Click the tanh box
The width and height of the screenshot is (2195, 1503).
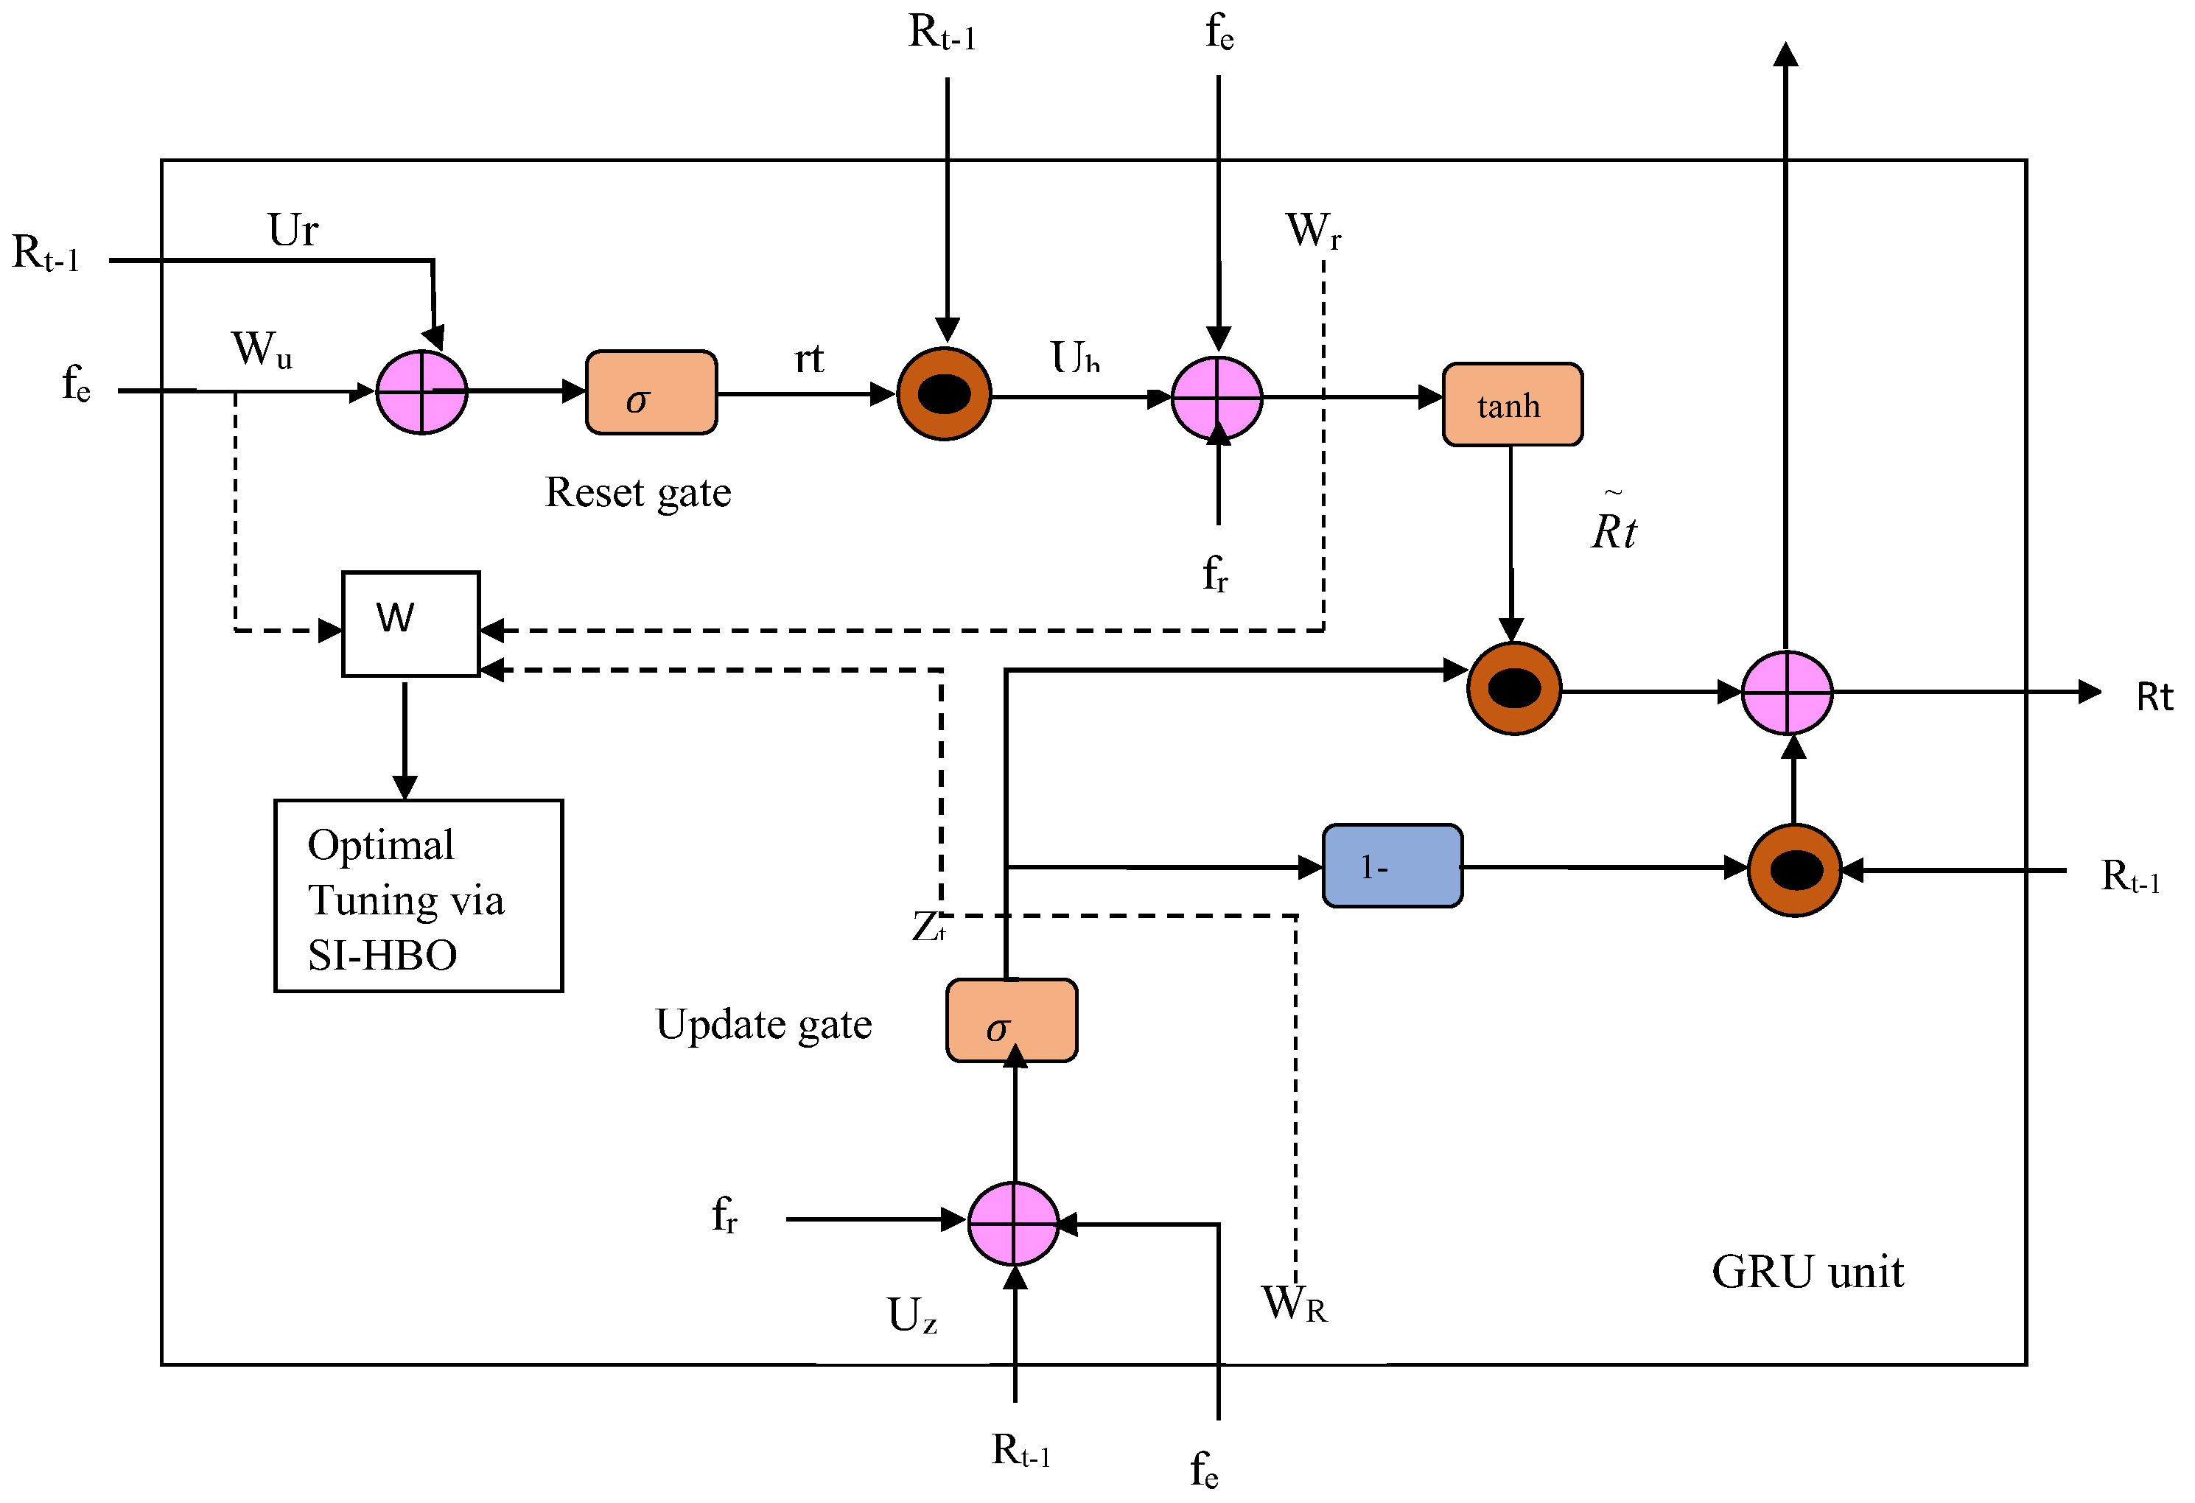(1511, 404)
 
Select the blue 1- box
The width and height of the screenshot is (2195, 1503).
(1391, 866)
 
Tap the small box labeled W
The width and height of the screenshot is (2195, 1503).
(410, 623)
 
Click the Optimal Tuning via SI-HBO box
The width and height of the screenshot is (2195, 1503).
(419, 896)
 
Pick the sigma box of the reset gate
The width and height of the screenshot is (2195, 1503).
(651, 393)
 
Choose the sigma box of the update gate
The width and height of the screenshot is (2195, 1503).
(1011, 1020)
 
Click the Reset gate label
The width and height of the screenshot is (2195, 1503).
(637, 492)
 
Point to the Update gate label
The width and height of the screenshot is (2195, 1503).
(763, 1024)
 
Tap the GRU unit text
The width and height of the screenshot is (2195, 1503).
(1807, 1272)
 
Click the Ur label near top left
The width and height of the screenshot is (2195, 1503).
(293, 230)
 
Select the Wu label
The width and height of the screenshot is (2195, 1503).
(262, 348)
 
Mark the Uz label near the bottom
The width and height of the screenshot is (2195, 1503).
(911, 1314)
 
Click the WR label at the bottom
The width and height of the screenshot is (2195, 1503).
(1294, 1303)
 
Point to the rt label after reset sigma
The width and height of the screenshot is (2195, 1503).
(808, 358)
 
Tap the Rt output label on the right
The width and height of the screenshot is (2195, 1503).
(2154, 697)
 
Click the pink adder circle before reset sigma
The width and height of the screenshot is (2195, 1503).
(421, 392)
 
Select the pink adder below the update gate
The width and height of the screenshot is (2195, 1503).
(1012, 1223)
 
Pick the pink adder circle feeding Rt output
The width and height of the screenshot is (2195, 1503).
(1786, 693)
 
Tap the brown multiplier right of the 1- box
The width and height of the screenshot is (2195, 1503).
(1793, 870)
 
